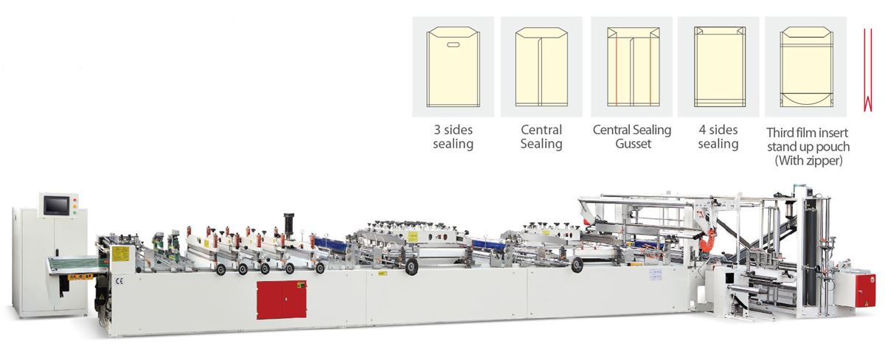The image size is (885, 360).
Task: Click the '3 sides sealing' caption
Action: click(453, 136)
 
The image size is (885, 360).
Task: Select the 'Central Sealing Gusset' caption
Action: click(632, 136)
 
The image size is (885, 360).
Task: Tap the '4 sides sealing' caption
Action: click(718, 136)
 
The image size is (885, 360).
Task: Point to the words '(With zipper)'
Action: click(808, 161)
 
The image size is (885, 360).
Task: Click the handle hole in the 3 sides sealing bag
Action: click(453, 45)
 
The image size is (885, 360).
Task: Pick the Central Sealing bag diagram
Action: click(541, 67)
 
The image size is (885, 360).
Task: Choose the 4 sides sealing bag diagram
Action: click(720, 67)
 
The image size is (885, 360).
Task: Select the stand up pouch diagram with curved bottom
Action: click(807, 67)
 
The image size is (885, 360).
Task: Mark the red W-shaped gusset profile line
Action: click(867, 69)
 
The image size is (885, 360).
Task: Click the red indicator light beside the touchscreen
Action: click(75, 200)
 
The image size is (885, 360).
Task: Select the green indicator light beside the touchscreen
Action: click(75, 212)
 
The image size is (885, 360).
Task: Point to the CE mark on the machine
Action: click(119, 281)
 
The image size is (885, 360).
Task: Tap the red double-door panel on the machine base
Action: click(281, 300)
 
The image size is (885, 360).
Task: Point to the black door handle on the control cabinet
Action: click(57, 253)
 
